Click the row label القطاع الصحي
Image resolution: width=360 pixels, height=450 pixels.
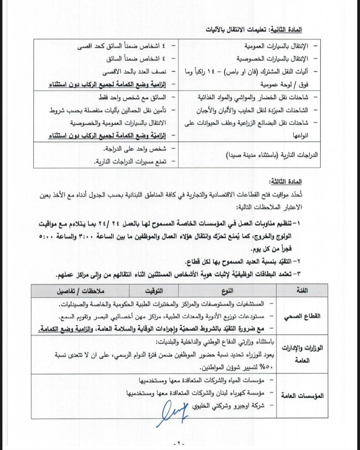[x=306, y=316]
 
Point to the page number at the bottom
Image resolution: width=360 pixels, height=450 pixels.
[x=180, y=442]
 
